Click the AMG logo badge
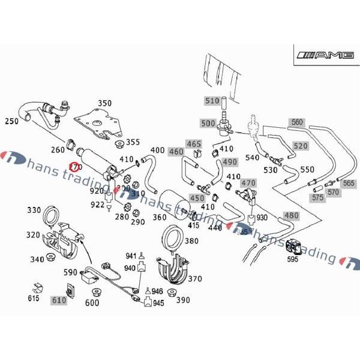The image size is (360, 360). point(323,56)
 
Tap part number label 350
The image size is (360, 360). point(104,104)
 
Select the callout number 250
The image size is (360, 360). point(12,121)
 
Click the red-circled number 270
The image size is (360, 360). point(75,166)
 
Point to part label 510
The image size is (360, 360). point(212,101)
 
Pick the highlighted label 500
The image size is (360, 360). point(208,124)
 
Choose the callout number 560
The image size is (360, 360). point(297,122)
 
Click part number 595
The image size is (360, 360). point(292,259)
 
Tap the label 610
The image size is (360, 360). point(59,300)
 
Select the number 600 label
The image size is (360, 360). point(92,304)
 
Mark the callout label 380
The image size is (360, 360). point(191,241)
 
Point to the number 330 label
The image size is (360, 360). point(34,210)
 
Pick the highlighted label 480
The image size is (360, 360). point(290,216)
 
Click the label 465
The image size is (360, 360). point(194,144)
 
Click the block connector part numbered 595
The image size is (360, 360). point(296,246)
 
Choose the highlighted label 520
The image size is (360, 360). point(301,146)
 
